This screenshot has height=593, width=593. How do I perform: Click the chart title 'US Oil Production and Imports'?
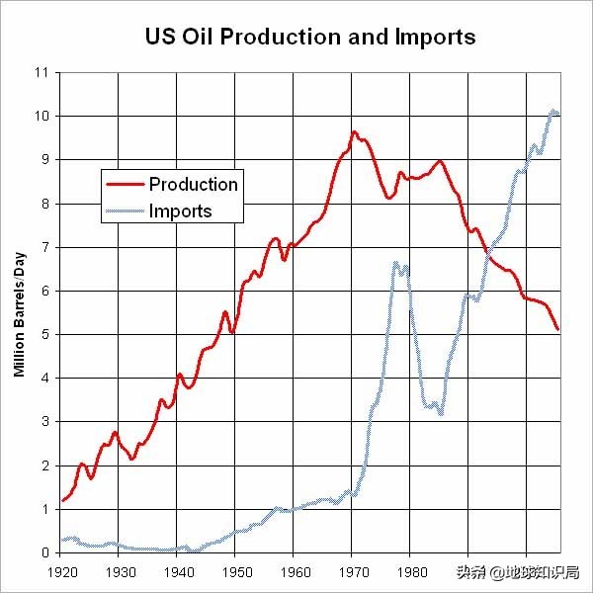pyautogui.click(x=310, y=38)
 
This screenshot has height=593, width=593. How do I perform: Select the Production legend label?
pyautogui.click(x=193, y=184)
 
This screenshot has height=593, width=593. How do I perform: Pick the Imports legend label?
pyautogui.click(x=180, y=211)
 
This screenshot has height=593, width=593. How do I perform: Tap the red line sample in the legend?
pyautogui.click(x=124, y=184)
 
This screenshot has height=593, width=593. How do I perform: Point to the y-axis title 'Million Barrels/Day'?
pyautogui.click(x=19, y=314)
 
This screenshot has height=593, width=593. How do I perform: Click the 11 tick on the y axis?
pyautogui.click(x=42, y=73)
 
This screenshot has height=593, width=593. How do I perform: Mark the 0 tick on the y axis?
pyautogui.click(x=44, y=552)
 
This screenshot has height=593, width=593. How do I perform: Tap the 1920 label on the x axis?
pyautogui.click(x=60, y=572)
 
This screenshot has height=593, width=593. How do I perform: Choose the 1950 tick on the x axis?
pyautogui.click(x=235, y=572)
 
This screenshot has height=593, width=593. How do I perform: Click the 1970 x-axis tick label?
pyautogui.click(x=352, y=572)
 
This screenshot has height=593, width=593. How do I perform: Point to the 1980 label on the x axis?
pyautogui.click(x=410, y=572)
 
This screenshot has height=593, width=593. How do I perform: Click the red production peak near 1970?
pyautogui.click(x=354, y=131)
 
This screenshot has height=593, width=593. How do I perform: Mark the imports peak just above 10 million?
pyautogui.click(x=553, y=111)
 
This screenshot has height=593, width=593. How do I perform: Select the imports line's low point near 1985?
pyautogui.click(x=441, y=413)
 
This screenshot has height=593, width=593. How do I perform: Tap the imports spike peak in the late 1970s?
pyautogui.click(x=395, y=263)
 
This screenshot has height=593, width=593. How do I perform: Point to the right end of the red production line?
pyautogui.click(x=558, y=329)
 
